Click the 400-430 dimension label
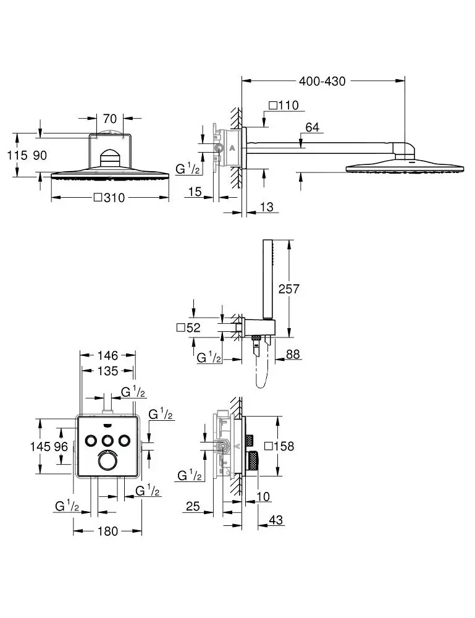pyautogui.click(x=322, y=81)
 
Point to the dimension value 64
pyautogui.click(x=313, y=128)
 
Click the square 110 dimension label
pyautogui.click(x=284, y=106)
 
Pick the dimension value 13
pyautogui.click(x=266, y=207)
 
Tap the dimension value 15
pyautogui.click(x=195, y=192)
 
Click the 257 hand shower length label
pyautogui.click(x=289, y=289)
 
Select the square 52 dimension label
pyautogui.click(x=189, y=328)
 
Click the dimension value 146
pyautogui.click(x=107, y=355)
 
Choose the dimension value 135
pyautogui.click(x=107, y=371)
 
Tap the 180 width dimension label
pyautogui.click(x=107, y=531)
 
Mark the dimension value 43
pyautogui.click(x=276, y=520)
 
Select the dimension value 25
pyautogui.click(x=193, y=507)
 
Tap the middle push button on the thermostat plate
pyautogui.click(x=107, y=440)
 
